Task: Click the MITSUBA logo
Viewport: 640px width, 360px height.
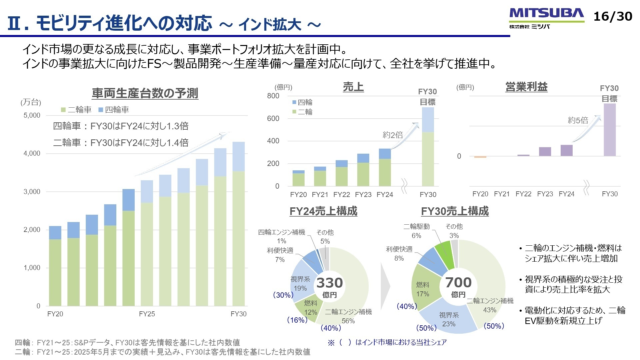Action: click(x=546, y=14)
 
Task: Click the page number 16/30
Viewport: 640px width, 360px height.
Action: click(x=613, y=16)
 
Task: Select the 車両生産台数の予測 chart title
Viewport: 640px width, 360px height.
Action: click(x=145, y=93)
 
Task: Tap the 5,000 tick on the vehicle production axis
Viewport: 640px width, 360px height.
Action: click(x=32, y=115)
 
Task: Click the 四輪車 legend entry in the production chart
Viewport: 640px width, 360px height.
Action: click(x=114, y=110)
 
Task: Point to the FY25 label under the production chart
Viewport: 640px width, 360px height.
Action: click(x=147, y=314)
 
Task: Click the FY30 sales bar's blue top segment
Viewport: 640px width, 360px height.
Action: click(x=428, y=120)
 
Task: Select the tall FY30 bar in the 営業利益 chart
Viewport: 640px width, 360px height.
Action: click(x=610, y=130)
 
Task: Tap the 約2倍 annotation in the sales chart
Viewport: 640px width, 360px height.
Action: click(x=393, y=135)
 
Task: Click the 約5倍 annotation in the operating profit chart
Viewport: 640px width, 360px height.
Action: click(x=578, y=120)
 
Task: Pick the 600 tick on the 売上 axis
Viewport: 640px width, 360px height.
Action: click(x=273, y=118)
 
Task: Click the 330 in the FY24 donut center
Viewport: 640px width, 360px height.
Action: click(x=329, y=283)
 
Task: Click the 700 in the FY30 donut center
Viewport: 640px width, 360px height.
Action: click(x=458, y=283)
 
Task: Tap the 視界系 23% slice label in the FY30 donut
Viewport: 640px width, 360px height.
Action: click(x=449, y=319)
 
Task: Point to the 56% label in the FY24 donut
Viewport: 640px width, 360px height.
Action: click(x=348, y=321)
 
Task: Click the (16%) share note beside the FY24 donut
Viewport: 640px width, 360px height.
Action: click(x=297, y=320)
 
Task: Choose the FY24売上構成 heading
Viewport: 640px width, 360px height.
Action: click(x=323, y=211)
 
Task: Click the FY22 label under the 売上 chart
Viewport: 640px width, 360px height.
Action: click(x=342, y=195)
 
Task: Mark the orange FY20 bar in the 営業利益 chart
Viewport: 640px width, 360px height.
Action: click(x=480, y=157)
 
